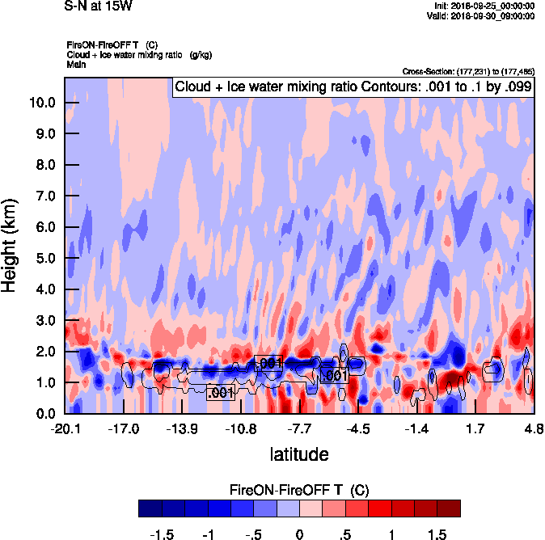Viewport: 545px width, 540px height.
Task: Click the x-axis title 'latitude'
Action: tap(299, 454)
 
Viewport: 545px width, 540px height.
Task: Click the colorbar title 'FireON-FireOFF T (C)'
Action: tap(299, 490)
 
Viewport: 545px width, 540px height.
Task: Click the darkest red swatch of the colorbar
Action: tap(449, 508)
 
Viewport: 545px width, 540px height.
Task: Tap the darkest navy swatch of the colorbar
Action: tap(150, 508)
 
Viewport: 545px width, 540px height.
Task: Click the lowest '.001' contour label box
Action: tap(221, 394)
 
